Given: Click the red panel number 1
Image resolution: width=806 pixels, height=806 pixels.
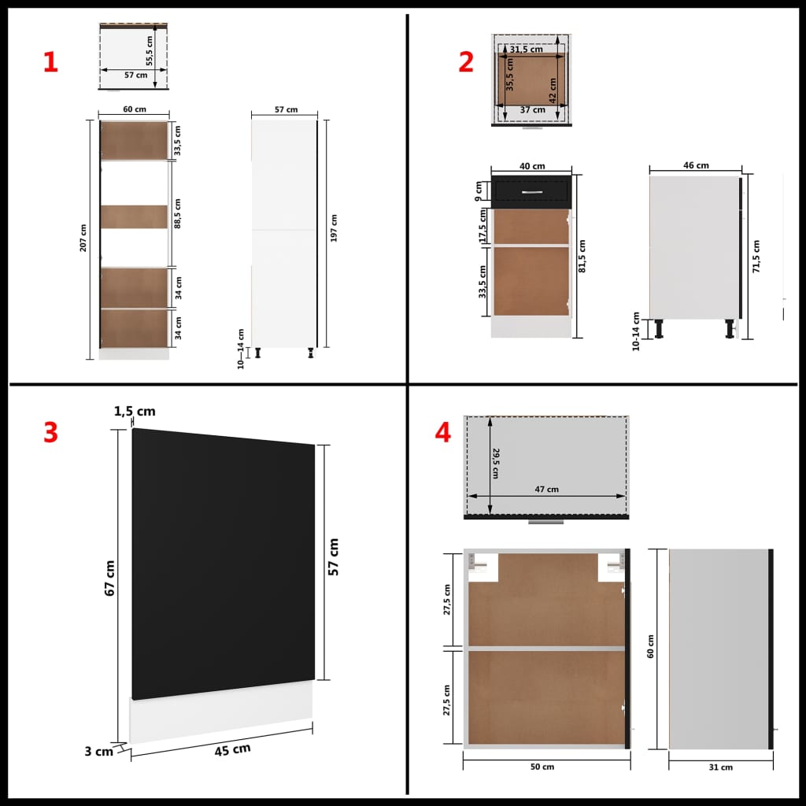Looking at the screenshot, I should pyautogui.click(x=50, y=63).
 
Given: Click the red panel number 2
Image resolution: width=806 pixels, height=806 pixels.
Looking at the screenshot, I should pyautogui.click(x=466, y=63).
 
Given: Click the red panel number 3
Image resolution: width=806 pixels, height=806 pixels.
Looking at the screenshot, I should pyautogui.click(x=50, y=432).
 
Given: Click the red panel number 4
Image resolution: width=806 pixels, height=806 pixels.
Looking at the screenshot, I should pyautogui.click(x=443, y=432).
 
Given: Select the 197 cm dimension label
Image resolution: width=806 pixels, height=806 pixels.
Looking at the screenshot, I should pyautogui.click(x=334, y=228).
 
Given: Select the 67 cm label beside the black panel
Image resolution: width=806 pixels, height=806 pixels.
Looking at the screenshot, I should pyautogui.click(x=110, y=579).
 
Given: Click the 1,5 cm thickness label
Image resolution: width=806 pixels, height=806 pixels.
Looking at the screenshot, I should pyautogui.click(x=135, y=411).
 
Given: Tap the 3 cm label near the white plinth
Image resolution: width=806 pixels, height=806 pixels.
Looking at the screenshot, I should pyautogui.click(x=98, y=751).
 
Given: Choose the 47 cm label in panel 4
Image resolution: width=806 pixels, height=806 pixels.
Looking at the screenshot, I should pyautogui.click(x=546, y=489).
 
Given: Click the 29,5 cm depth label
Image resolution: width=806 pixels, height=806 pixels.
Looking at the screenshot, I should pyautogui.click(x=496, y=462).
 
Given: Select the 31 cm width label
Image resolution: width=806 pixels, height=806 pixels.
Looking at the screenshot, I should pyautogui.click(x=721, y=767).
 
